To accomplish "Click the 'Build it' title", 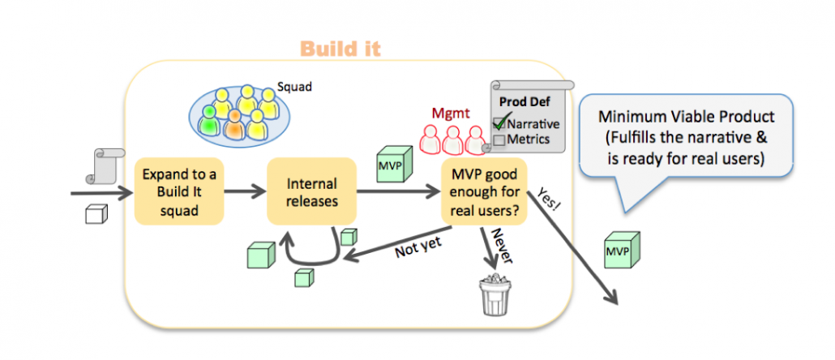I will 340,49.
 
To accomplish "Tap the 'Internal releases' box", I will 311,193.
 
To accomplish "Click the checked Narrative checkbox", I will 499,124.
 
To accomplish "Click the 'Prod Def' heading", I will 526,102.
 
